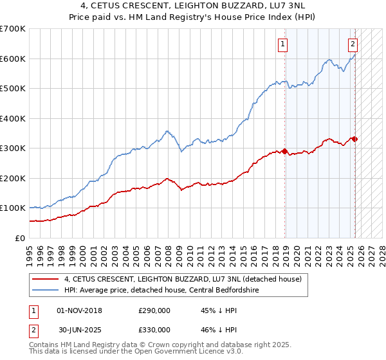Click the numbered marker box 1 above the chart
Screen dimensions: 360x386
283,44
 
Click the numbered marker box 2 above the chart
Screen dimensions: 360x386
353,44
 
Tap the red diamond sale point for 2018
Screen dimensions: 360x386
284,151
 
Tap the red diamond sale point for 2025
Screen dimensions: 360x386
354,139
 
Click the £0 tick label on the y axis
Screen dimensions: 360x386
21,238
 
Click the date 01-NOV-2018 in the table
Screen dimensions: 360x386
80,310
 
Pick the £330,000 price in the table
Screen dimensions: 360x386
154,329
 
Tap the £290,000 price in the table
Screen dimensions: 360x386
154,310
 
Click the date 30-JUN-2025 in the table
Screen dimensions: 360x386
80,329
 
